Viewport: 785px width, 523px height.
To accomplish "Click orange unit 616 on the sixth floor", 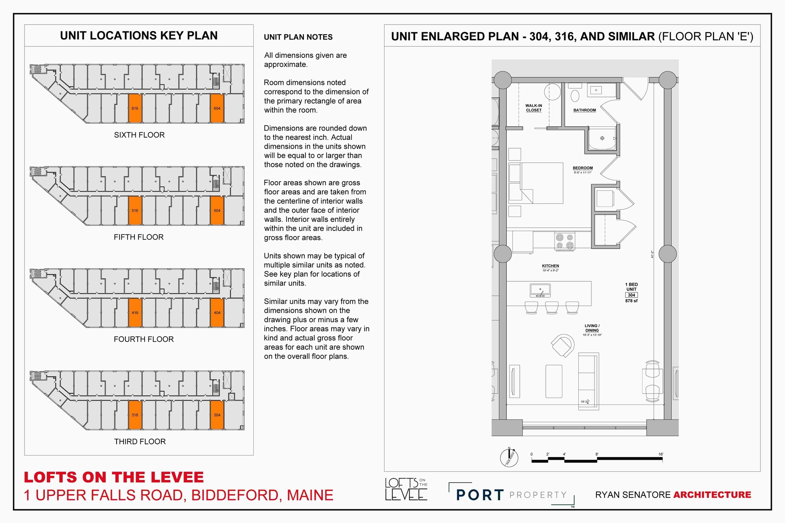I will pos(135,108).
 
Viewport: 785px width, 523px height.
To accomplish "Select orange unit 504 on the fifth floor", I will pos(217,211).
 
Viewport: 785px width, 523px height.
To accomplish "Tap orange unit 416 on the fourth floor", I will pos(135,313).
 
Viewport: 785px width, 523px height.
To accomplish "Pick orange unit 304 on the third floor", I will pos(217,415).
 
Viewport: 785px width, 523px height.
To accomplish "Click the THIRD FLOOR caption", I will pos(140,441).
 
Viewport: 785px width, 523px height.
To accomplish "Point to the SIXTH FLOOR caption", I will pos(139,135).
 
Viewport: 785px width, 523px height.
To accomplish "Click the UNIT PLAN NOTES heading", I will pos(298,37).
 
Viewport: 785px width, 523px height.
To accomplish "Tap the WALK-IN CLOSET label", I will pos(534,108).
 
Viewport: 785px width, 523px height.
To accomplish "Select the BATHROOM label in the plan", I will pos(585,110).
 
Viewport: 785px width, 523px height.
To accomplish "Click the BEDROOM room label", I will pos(583,168).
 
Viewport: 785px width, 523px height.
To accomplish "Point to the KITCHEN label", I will pos(550,266).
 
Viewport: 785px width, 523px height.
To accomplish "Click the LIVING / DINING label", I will pos(592,328).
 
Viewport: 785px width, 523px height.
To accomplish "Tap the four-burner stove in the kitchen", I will pos(565,241).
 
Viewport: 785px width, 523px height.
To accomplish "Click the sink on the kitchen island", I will pos(540,290).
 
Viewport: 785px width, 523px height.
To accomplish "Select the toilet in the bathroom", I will pos(575,95).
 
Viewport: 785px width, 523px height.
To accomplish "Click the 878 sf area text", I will pos(631,301).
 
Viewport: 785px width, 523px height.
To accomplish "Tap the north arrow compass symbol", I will pos(509,457).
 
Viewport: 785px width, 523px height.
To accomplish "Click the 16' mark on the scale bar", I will pos(661,454).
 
